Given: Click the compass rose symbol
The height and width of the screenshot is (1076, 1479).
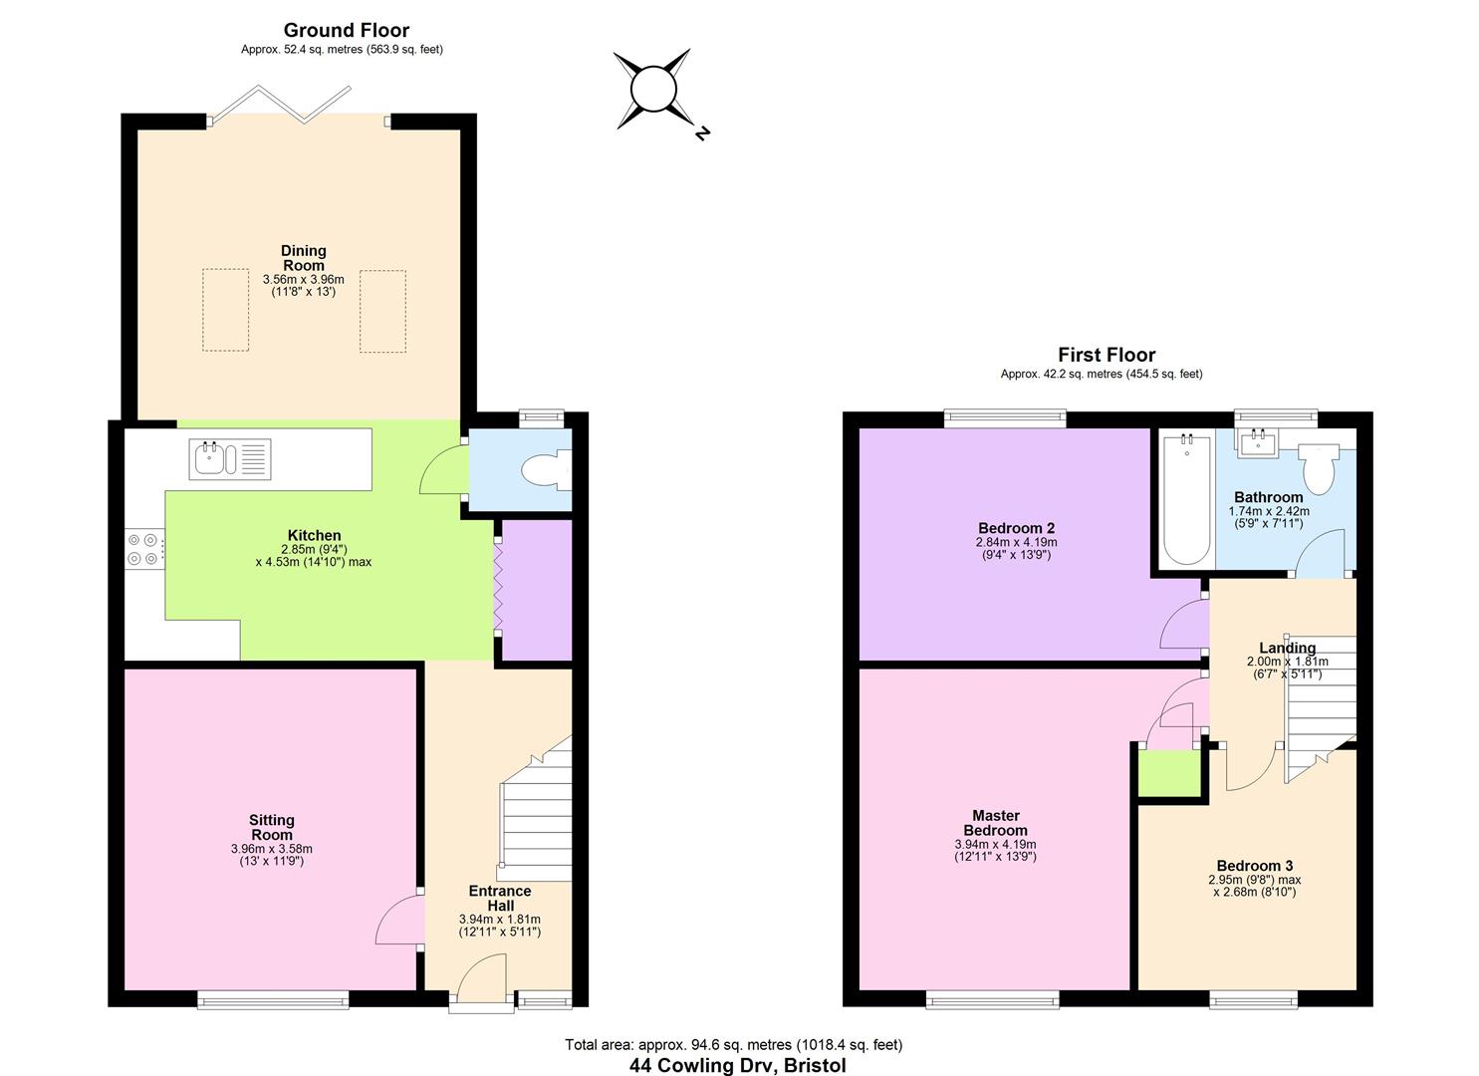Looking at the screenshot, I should [653, 90].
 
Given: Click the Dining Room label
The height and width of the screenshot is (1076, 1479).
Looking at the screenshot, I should [304, 258].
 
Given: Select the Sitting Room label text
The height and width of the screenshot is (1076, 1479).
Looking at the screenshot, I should [272, 828].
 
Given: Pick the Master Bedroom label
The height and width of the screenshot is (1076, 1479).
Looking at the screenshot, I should [995, 823].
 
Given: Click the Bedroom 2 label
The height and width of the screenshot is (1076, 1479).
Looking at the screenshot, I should [1016, 528].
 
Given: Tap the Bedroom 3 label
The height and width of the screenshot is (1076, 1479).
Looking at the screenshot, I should [1254, 866].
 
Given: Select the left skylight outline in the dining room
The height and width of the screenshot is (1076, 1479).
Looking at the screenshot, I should [226, 310].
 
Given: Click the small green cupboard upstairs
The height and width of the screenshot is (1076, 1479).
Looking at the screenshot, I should [1170, 774].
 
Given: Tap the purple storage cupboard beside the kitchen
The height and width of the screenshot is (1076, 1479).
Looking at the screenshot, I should [537, 590].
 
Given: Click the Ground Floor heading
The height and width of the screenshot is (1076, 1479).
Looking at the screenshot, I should [346, 30].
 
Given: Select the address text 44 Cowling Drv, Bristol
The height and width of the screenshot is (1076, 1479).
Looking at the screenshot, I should [737, 1065].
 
